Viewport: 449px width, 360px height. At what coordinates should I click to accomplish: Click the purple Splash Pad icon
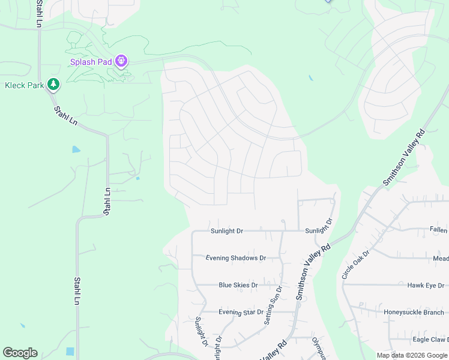[122, 61]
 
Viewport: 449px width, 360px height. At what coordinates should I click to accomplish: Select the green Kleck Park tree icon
[54, 85]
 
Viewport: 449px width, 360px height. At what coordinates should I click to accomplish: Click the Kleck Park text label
[24, 85]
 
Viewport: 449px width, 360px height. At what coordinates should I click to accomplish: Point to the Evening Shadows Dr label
[235, 258]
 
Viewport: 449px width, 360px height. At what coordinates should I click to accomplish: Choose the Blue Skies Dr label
[238, 285]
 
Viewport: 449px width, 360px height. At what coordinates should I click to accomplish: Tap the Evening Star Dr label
[241, 312]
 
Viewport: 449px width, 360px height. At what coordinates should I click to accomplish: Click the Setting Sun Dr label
[273, 306]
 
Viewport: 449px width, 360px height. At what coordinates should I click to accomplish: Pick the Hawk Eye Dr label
[425, 286]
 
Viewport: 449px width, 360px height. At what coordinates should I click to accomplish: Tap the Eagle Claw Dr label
[429, 340]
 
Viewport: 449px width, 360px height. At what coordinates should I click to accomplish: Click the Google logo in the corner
[20, 353]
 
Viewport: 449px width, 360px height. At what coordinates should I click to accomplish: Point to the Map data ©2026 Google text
[412, 355]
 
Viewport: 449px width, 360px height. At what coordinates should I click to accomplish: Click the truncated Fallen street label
[438, 230]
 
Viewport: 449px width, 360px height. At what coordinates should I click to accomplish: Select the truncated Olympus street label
[318, 349]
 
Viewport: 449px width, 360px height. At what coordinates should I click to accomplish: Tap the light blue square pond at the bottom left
[70, 351]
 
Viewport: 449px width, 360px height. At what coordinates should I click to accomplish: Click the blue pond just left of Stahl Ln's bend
[76, 149]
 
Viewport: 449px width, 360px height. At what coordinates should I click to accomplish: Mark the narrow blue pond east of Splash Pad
[310, 78]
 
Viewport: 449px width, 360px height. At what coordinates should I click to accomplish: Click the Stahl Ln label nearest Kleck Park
[65, 116]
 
